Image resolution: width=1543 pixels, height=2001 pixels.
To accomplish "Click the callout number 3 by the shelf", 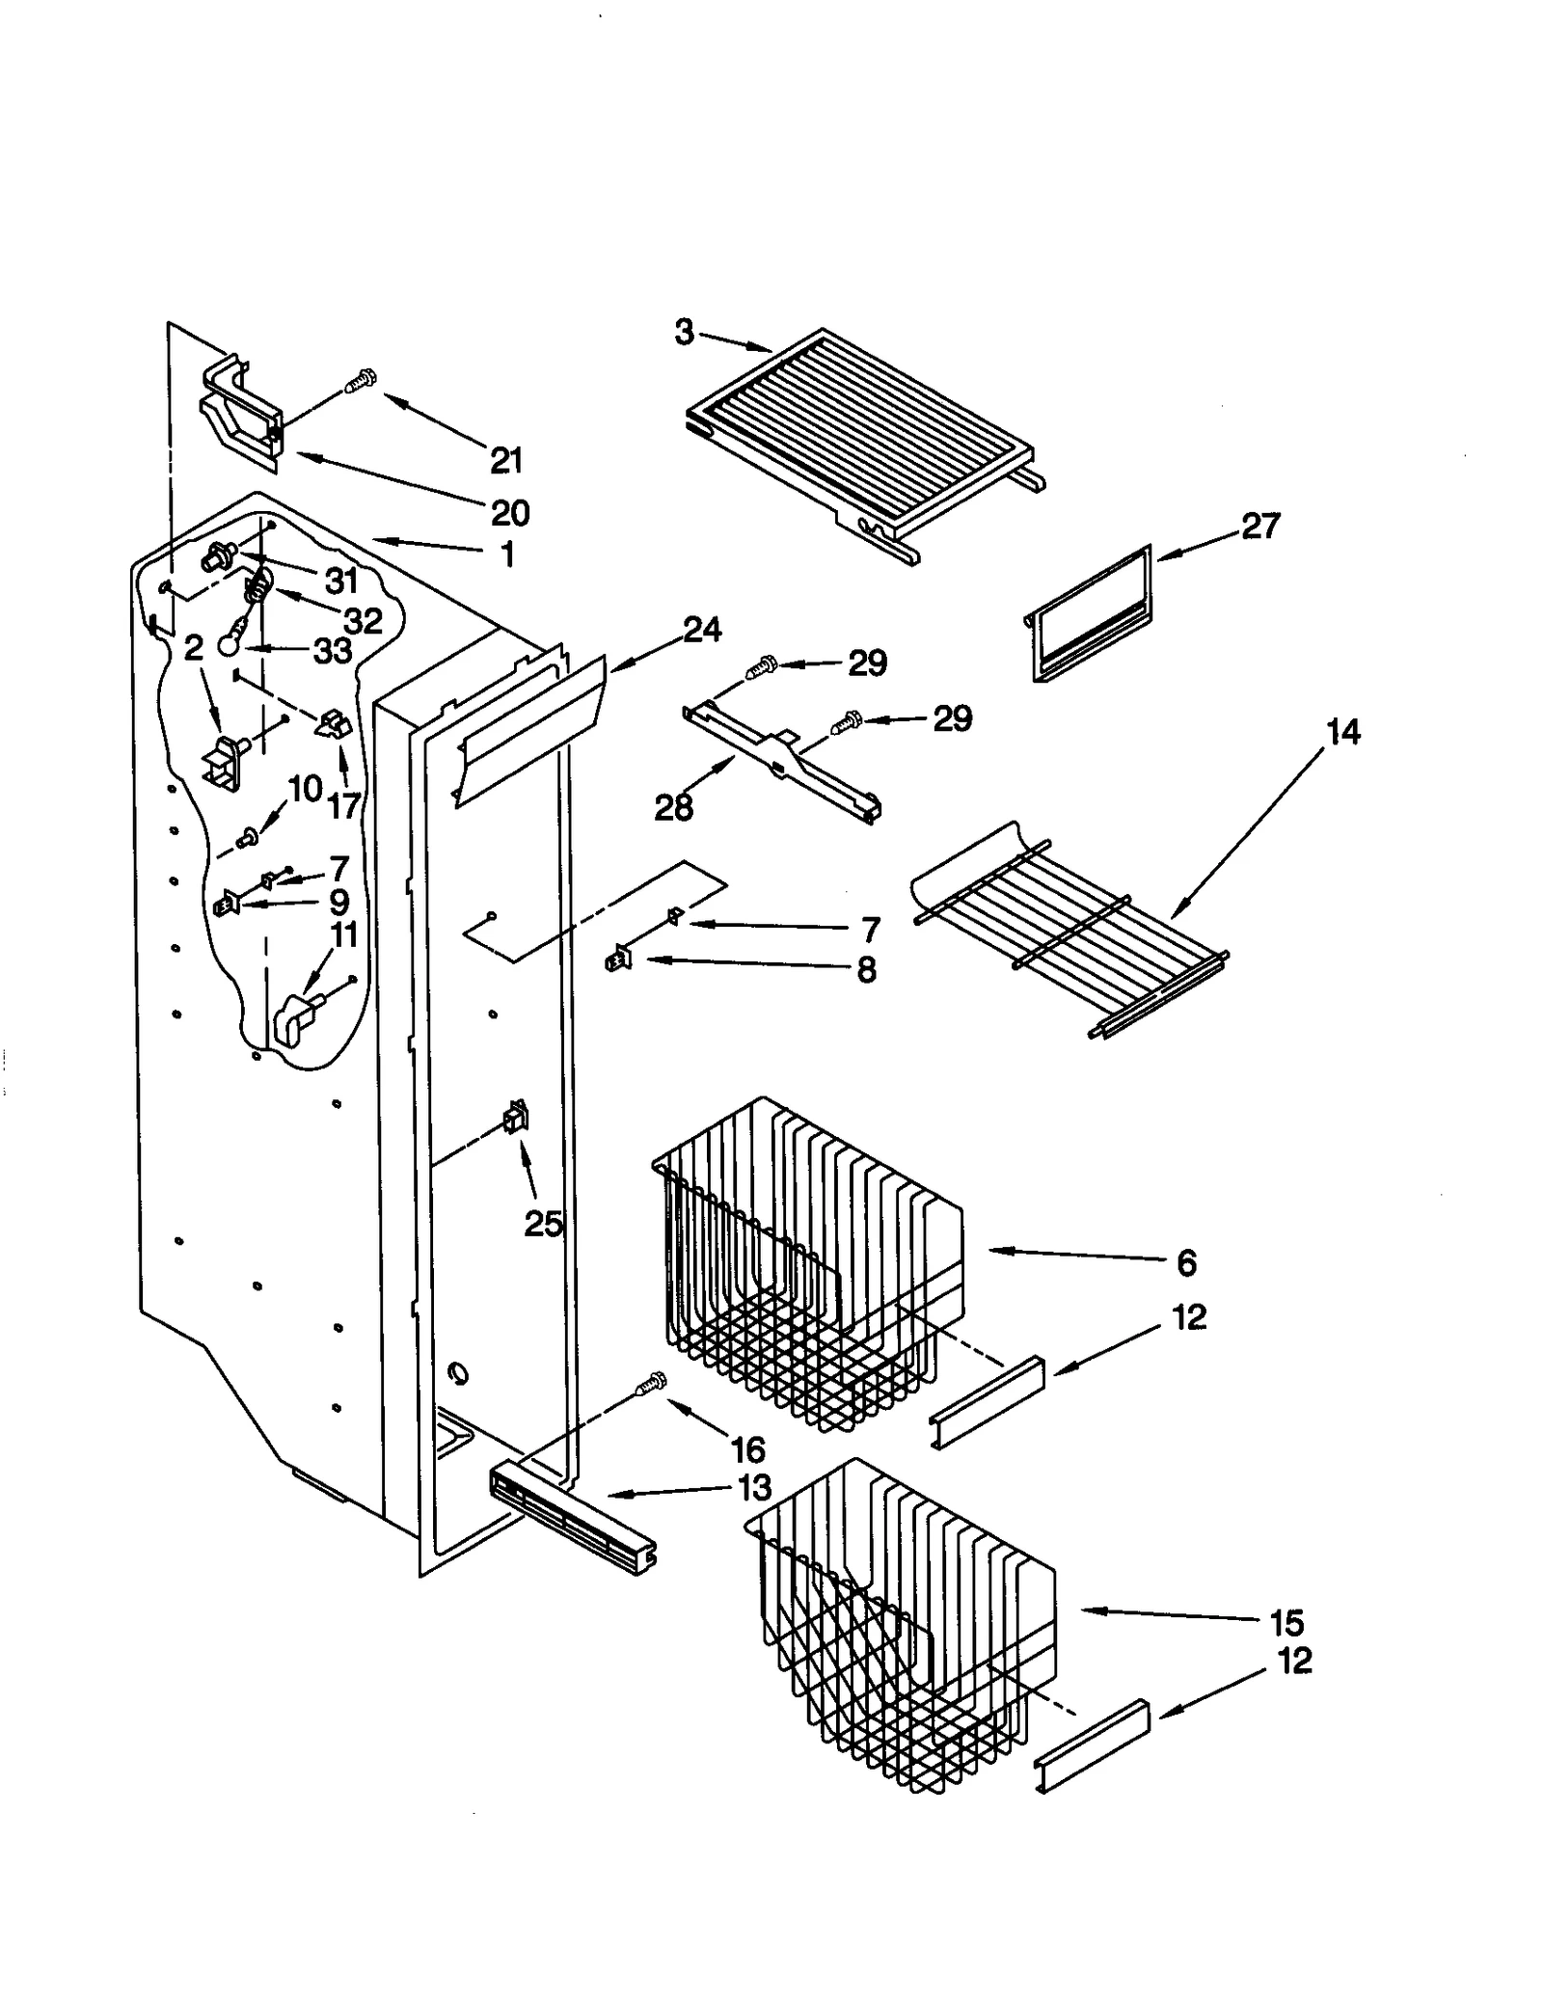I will tap(683, 333).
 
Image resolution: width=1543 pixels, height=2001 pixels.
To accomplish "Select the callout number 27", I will tap(1259, 527).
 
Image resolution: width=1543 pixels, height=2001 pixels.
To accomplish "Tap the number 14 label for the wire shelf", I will tap(1342, 732).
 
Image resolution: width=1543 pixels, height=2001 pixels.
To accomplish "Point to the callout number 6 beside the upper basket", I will tap(1186, 1263).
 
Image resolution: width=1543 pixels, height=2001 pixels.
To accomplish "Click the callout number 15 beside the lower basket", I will tap(1286, 1623).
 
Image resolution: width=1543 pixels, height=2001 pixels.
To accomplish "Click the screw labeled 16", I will tap(651, 1385).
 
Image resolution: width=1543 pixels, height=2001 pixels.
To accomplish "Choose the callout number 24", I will tap(702, 630).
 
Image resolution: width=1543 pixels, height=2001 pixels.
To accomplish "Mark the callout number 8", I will tap(866, 969).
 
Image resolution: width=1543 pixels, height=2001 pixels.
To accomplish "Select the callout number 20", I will tap(510, 513).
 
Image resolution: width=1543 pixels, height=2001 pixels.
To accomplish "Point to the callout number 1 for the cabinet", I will tap(507, 554).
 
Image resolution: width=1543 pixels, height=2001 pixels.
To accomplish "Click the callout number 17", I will tap(344, 805).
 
